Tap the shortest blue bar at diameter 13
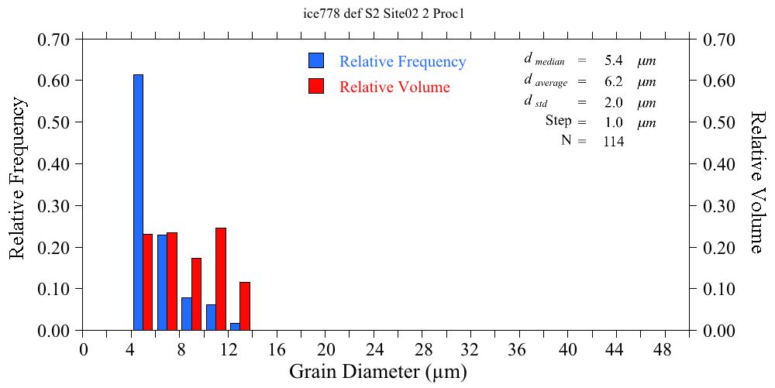[235, 327]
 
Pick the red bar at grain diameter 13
[245, 306]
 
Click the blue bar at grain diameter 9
[186, 314]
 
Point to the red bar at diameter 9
[196, 294]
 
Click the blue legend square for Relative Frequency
[315, 61]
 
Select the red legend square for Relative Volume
[315, 86]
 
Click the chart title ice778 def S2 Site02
[387, 13]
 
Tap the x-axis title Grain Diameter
[378, 372]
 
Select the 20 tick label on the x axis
[325, 350]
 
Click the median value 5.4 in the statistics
[613, 60]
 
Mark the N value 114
[613, 141]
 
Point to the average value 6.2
[613, 81]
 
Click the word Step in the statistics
[558, 121]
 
